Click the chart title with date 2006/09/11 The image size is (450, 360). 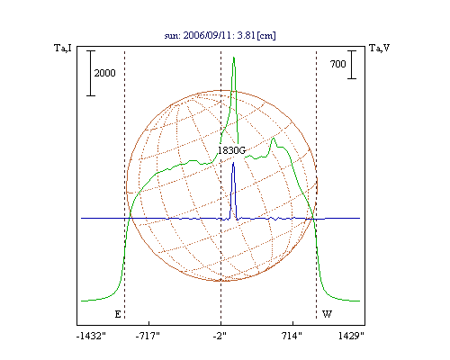click(x=220, y=35)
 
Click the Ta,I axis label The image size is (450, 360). click(x=63, y=48)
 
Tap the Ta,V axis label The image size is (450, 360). click(x=379, y=48)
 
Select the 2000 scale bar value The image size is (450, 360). click(x=104, y=73)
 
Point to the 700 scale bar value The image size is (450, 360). click(x=338, y=64)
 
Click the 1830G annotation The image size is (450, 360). click(x=231, y=150)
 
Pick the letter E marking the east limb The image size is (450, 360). click(x=118, y=314)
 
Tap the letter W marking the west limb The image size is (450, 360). click(x=327, y=314)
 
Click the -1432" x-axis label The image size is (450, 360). click(x=91, y=336)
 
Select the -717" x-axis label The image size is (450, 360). click(x=148, y=336)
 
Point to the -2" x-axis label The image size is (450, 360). click(x=220, y=336)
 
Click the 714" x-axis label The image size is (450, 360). click(x=292, y=336)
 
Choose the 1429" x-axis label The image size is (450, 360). click(x=351, y=336)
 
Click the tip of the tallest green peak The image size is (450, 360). click(x=234, y=57)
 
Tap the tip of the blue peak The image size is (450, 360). click(x=233, y=163)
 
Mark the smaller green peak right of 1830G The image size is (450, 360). click(x=273, y=138)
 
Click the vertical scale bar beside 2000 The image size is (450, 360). click(x=91, y=73)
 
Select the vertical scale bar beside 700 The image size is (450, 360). click(x=352, y=65)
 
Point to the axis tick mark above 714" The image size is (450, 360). click(x=293, y=323)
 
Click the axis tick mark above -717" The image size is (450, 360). click(x=149, y=323)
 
